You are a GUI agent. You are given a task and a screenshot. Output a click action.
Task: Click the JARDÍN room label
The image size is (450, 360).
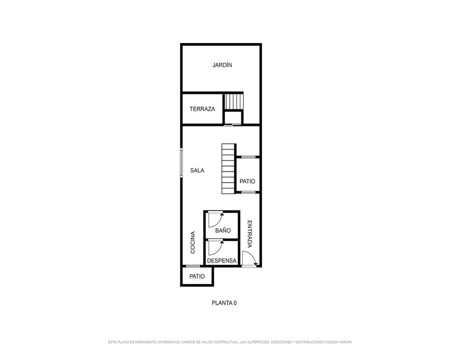pos(222,65)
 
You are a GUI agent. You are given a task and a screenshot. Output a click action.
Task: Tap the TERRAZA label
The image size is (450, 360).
pos(202,109)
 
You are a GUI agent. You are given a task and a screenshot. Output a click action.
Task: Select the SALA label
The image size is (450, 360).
pos(197,171)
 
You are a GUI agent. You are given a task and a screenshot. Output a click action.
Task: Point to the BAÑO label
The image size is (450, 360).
pos(223,230)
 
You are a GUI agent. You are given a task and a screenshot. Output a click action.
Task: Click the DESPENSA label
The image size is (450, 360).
pos(221,261)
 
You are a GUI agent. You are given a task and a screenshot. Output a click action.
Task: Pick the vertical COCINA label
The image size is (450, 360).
pos(193,243)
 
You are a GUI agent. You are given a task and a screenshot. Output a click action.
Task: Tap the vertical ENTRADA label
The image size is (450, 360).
pos(250,234)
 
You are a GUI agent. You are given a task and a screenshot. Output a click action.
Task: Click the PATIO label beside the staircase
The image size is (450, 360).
pos(247,181)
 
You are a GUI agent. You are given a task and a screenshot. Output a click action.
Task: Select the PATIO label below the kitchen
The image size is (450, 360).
pos(197,276)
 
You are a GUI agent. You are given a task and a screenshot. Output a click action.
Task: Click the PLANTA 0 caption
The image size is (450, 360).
pos(224,303)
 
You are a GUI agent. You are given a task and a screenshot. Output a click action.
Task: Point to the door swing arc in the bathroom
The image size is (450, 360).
pos(218,222)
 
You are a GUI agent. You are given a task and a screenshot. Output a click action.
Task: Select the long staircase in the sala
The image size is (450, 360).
pos(229,169)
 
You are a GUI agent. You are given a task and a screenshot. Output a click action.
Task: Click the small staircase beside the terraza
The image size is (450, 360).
pos(234,101)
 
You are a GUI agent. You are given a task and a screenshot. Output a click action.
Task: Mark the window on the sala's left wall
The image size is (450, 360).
pos(181,162)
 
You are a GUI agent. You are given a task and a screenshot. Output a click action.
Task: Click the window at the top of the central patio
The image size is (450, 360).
pos(248,157)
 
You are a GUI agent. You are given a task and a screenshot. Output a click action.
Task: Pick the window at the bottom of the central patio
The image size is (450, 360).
pos(248,192)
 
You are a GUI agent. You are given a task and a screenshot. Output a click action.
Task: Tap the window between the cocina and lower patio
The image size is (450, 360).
pos(193,266)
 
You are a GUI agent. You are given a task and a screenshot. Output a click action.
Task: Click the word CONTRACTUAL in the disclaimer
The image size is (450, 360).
pos(225,342)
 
